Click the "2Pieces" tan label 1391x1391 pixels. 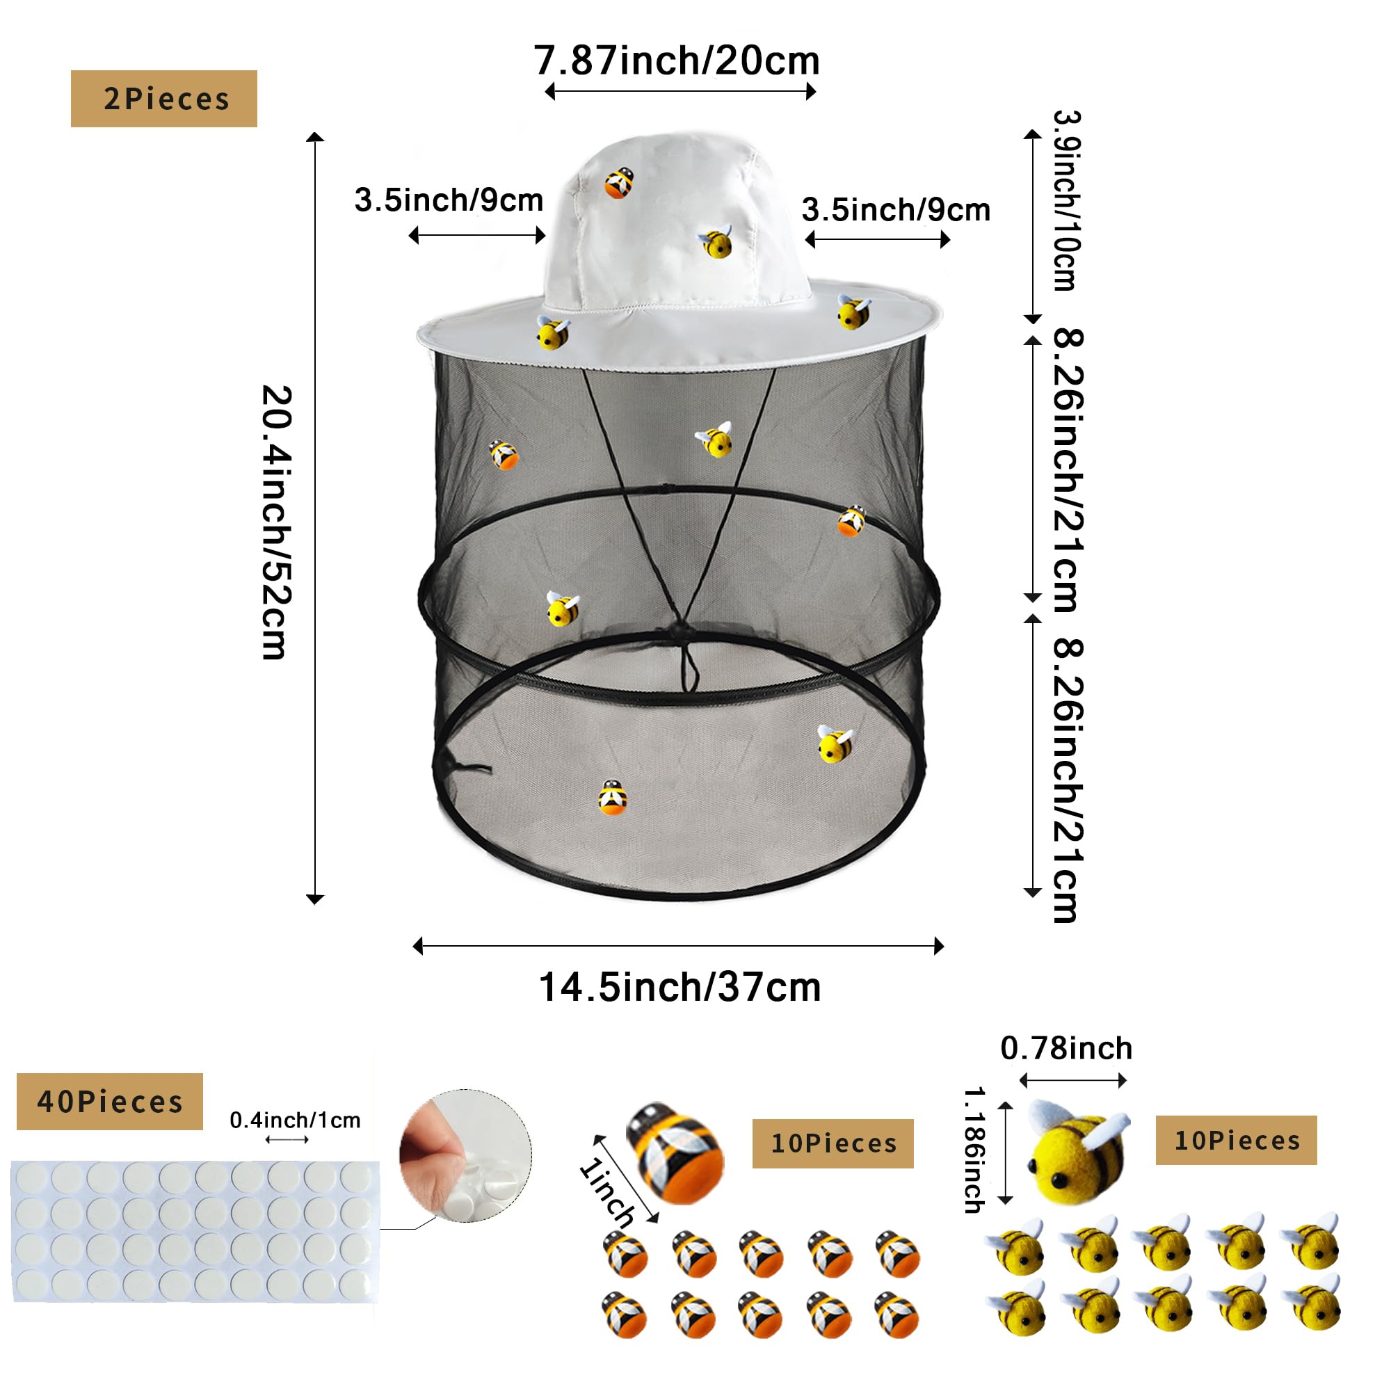(x=164, y=99)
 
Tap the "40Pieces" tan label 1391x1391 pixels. (x=109, y=1101)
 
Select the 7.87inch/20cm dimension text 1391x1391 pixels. (x=677, y=61)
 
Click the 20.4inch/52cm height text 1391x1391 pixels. (x=277, y=522)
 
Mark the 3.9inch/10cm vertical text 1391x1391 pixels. (x=1066, y=201)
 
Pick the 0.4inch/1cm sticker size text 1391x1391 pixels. (x=295, y=1120)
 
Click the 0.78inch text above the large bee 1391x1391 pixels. (x=1066, y=1047)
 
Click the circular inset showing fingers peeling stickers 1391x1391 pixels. (x=466, y=1155)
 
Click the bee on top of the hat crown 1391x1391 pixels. (x=618, y=182)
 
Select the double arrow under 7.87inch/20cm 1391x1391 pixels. (x=680, y=91)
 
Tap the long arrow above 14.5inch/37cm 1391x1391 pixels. (x=678, y=945)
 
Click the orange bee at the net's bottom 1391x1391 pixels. (x=613, y=797)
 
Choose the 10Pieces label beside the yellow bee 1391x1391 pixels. (x=1236, y=1140)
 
